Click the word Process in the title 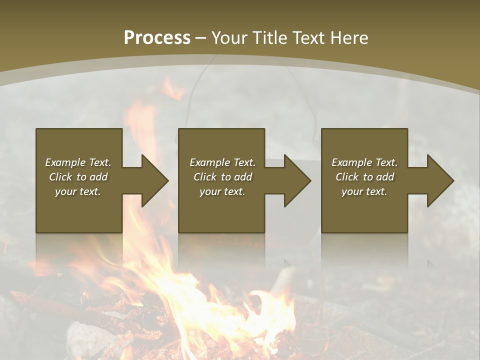tap(157, 37)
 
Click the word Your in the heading tap(230, 37)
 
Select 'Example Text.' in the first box tap(78, 162)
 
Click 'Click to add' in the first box tap(78, 177)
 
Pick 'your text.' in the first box tap(78, 191)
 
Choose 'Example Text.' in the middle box tap(222, 162)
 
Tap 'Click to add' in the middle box tap(222, 177)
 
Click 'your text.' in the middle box tap(222, 191)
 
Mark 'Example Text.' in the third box tap(364, 162)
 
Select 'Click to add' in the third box tap(364, 177)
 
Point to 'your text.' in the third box tap(364, 191)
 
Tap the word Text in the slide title tap(309, 37)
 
